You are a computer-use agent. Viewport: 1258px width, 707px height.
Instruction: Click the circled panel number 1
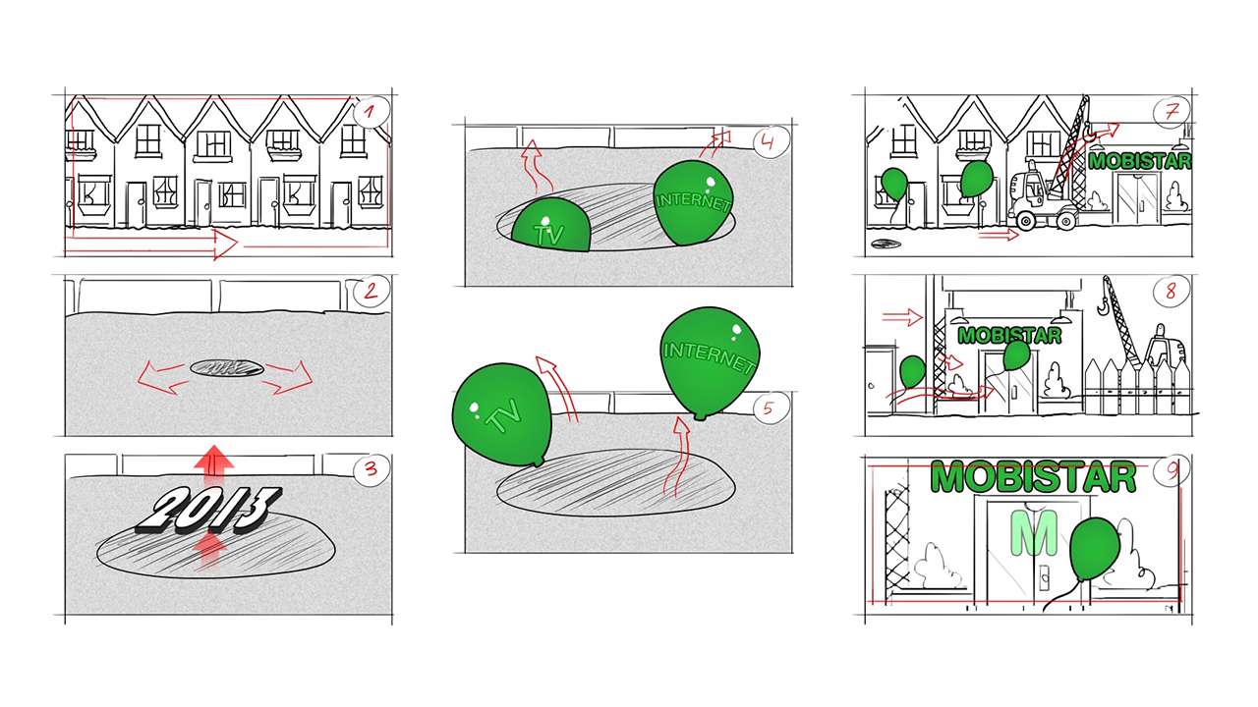pos(372,112)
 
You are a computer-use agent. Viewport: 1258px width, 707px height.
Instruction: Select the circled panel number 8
pos(1171,292)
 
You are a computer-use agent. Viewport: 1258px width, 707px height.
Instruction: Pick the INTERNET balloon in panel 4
pos(694,202)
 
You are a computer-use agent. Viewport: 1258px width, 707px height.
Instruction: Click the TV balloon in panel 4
pos(551,225)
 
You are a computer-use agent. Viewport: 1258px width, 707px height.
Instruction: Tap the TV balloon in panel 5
pos(502,414)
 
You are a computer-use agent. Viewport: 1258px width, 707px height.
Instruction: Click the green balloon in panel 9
pos(1095,551)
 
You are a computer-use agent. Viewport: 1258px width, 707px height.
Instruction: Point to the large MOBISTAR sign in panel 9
pos(1033,478)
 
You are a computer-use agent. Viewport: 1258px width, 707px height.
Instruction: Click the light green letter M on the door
pos(1034,533)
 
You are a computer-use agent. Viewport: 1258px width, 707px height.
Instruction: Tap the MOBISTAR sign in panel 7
pos(1139,161)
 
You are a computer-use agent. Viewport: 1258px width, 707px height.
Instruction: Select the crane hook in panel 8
pos(1104,303)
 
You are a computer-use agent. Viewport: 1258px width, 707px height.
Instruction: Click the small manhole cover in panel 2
pos(227,368)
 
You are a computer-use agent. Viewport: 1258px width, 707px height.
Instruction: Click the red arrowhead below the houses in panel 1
pos(226,245)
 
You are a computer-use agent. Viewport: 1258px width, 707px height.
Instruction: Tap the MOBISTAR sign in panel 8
pos(1009,336)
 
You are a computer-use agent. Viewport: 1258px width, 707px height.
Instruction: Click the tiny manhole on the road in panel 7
pos(886,244)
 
